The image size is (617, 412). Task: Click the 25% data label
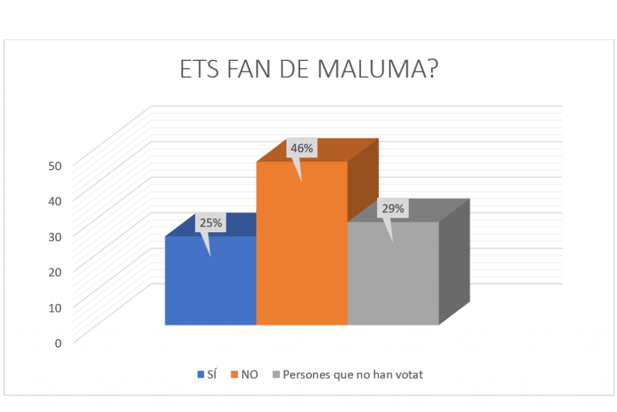coord(211,223)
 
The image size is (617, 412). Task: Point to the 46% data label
coord(302,148)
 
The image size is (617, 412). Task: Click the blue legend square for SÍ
coord(201,375)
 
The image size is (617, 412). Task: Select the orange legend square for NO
coord(235,375)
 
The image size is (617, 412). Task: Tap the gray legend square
coord(277,375)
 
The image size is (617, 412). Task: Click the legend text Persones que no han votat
coord(353,375)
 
